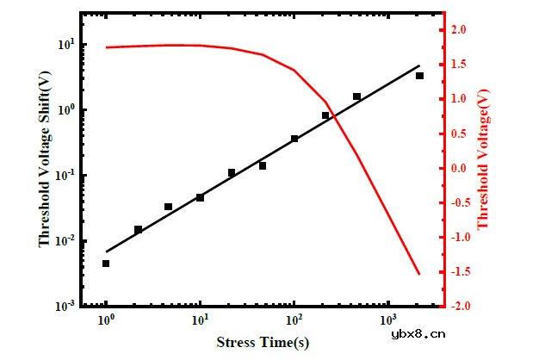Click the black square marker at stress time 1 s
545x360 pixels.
coord(106,264)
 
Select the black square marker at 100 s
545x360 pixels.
coord(294,139)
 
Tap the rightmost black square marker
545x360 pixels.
coord(419,76)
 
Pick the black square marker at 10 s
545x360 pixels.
coord(200,197)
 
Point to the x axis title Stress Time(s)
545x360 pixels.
coord(263,344)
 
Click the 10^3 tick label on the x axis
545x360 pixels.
coord(388,320)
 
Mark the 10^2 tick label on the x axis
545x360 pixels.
coord(294,320)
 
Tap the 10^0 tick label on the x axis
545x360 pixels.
coord(107,320)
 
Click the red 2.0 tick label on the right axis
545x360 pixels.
coord(460,30)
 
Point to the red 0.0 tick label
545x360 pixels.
coord(460,168)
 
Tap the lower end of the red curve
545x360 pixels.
coord(419,274)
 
